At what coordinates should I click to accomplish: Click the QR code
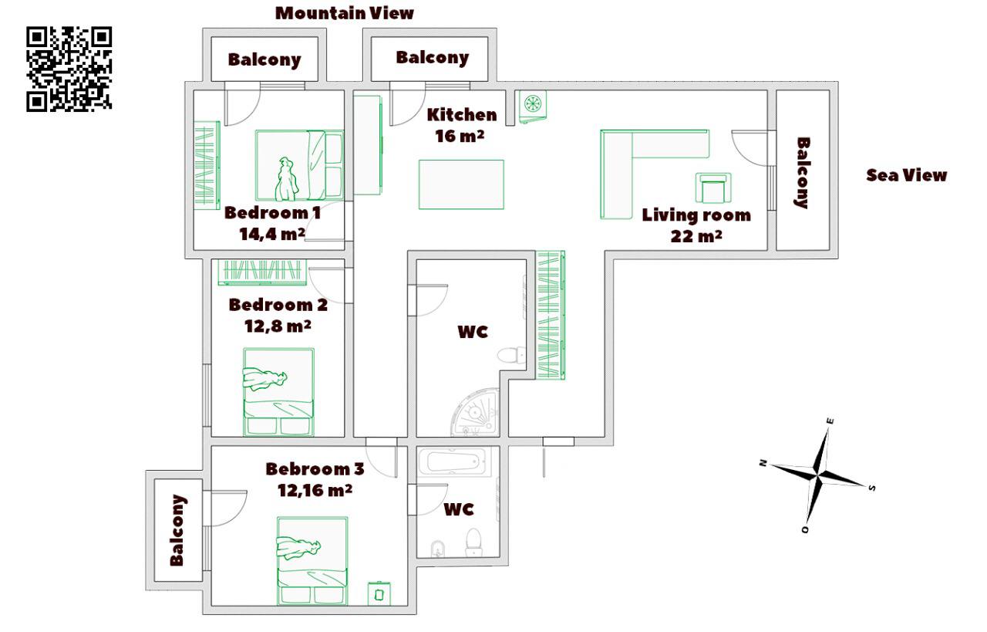point(69,69)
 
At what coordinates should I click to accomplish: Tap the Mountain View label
point(345,13)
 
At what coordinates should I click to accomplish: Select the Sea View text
point(906,175)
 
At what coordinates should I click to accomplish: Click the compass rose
point(817,472)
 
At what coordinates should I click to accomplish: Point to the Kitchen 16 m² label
point(462,124)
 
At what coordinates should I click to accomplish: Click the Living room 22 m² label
point(696,225)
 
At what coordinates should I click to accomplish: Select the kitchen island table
point(461,184)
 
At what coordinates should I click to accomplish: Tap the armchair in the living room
point(714,188)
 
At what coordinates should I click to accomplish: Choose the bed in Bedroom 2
point(278,392)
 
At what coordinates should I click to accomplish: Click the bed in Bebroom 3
point(312,560)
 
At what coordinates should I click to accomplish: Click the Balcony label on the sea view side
point(802,172)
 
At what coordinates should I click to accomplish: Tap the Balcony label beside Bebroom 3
point(177,530)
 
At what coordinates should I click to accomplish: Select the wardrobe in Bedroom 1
point(206,166)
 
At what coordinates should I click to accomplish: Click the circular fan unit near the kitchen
point(531,104)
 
